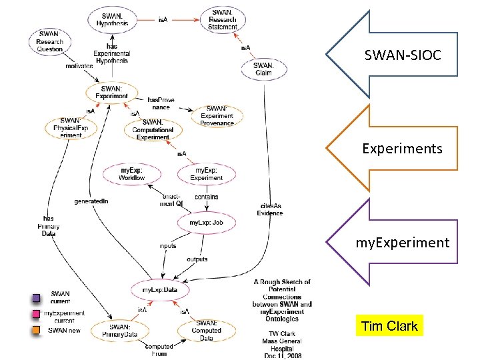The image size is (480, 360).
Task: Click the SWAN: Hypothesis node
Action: point(113,20)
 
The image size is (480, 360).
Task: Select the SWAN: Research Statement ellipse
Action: point(223,19)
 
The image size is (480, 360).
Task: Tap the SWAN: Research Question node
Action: point(50,41)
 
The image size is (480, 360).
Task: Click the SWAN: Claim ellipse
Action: point(263,69)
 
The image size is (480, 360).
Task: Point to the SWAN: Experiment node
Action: point(111,92)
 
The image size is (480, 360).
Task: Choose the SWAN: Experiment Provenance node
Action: point(217,116)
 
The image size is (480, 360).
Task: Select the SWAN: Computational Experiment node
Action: point(153,129)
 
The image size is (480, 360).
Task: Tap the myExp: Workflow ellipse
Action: point(131,174)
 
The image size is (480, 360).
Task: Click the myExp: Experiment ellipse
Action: point(206,174)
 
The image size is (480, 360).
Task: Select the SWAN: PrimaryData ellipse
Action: point(120,331)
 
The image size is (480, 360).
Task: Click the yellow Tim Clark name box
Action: point(389,326)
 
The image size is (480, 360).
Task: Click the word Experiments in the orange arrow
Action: point(402,148)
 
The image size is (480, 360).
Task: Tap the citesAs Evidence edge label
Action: point(270,209)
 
